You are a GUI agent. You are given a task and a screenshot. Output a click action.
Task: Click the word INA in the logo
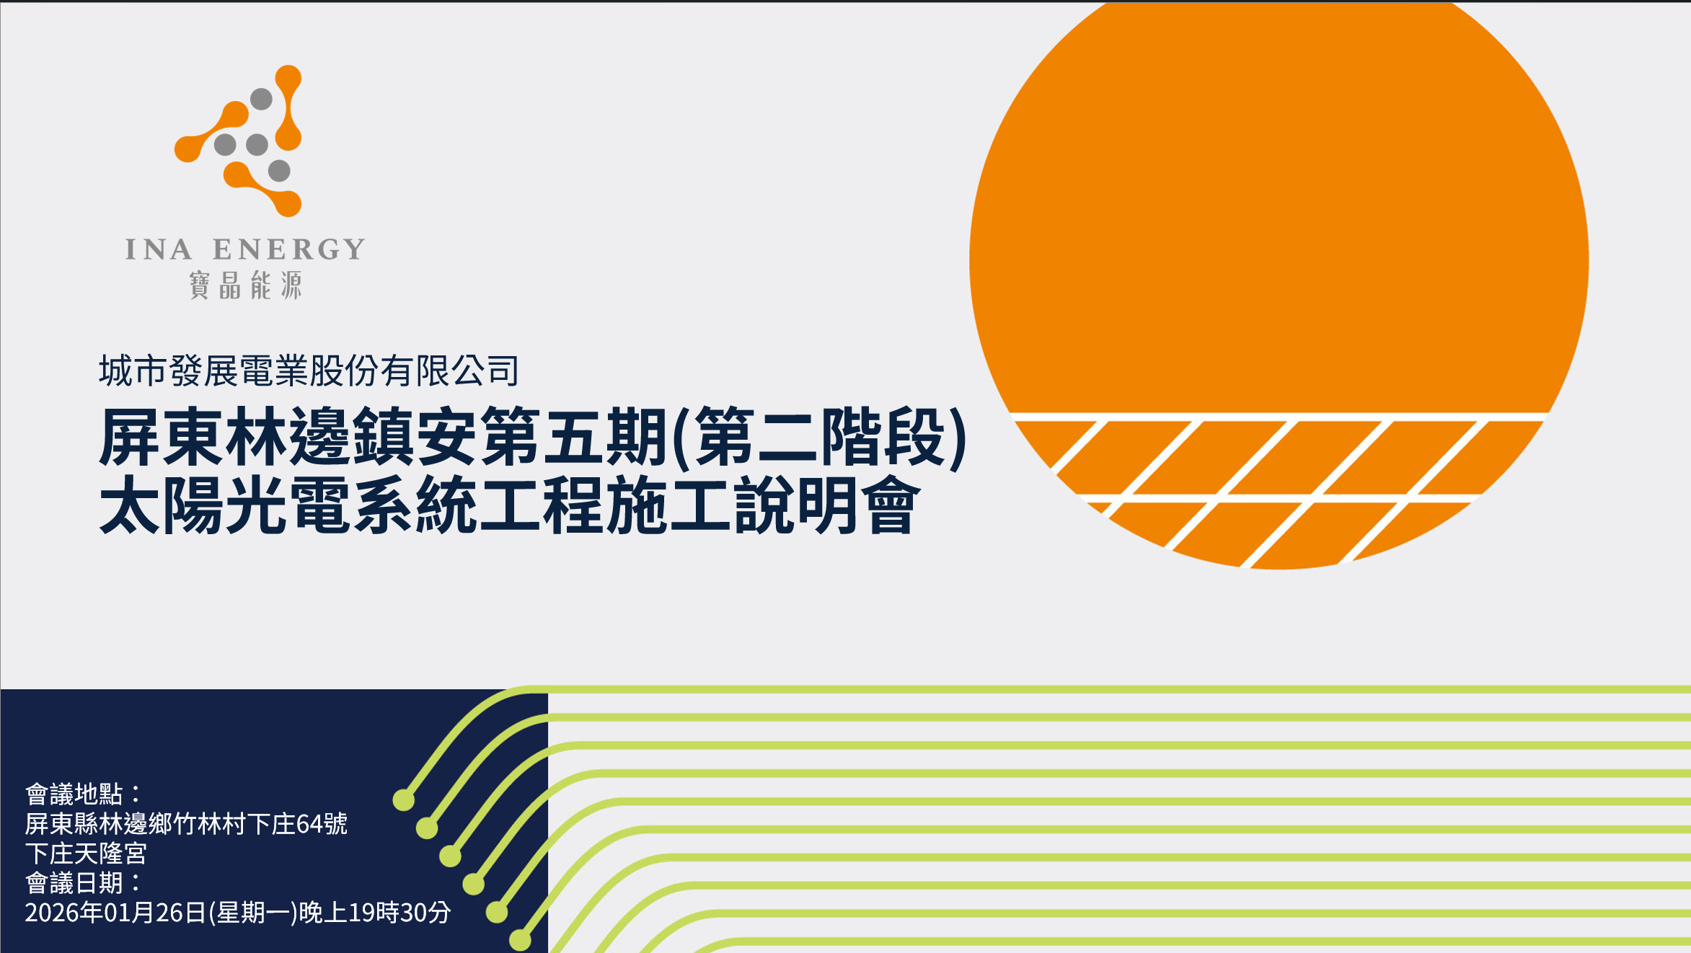[x=159, y=249]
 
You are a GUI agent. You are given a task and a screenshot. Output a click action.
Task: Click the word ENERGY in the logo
[x=288, y=249]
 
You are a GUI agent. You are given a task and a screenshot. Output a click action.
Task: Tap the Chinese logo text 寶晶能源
[x=245, y=285]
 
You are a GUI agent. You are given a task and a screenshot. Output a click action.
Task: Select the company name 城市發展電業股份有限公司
[x=309, y=371]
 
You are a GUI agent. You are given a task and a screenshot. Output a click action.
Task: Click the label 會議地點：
[x=84, y=794]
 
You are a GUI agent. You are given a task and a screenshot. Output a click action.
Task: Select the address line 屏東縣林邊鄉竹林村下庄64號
[x=186, y=823]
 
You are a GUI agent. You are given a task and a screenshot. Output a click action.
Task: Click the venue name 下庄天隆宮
[x=86, y=854]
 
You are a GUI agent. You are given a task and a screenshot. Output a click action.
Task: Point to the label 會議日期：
[x=84, y=882]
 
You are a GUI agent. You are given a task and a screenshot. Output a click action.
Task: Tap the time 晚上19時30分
[x=375, y=913]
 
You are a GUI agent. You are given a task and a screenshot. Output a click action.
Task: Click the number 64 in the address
[x=309, y=824]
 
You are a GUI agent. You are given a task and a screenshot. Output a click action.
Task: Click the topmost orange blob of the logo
[x=288, y=79]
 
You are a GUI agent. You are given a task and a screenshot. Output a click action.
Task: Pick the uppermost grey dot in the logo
[x=261, y=99]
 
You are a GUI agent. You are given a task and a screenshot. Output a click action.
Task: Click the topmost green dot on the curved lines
[x=404, y=799]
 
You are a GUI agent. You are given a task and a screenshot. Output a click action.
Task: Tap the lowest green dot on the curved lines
[x=520, y=940]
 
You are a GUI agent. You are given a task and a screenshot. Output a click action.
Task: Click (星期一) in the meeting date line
[x=253, y=913]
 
